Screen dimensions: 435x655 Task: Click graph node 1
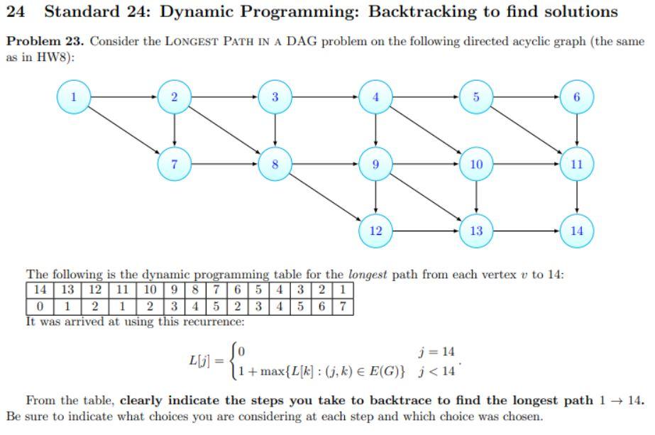74,97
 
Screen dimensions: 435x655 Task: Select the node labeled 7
175,164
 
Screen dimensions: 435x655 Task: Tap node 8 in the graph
275,164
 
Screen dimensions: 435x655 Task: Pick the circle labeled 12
375,231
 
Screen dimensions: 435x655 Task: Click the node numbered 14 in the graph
576,231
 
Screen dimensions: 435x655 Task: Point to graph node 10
476,164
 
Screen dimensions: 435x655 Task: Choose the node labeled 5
476,97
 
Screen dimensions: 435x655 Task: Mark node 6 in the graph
576,97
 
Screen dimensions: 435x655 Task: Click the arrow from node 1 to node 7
124,131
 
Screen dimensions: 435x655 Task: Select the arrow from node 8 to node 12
325,197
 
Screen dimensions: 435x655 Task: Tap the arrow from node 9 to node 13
426,197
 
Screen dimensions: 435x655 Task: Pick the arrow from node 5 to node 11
526,131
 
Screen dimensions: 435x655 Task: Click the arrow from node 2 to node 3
225,97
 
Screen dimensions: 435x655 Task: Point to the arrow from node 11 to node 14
576,197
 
